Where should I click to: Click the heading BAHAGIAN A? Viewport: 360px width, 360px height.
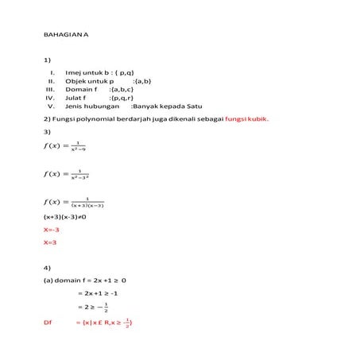[65, 35]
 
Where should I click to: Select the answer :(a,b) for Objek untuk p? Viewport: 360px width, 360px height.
[142, 80]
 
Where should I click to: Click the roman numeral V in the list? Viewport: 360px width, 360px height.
[50, 106]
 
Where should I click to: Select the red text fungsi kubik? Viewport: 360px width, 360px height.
[247, 119]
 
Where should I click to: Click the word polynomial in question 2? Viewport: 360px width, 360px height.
[90, 119]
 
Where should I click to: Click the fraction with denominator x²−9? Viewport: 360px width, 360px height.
[79, 146]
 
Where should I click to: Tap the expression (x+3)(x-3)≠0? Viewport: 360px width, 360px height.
[69, 216]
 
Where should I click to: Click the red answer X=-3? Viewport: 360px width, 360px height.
[52, 230]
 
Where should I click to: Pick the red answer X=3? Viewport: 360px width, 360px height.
[49, 242]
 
